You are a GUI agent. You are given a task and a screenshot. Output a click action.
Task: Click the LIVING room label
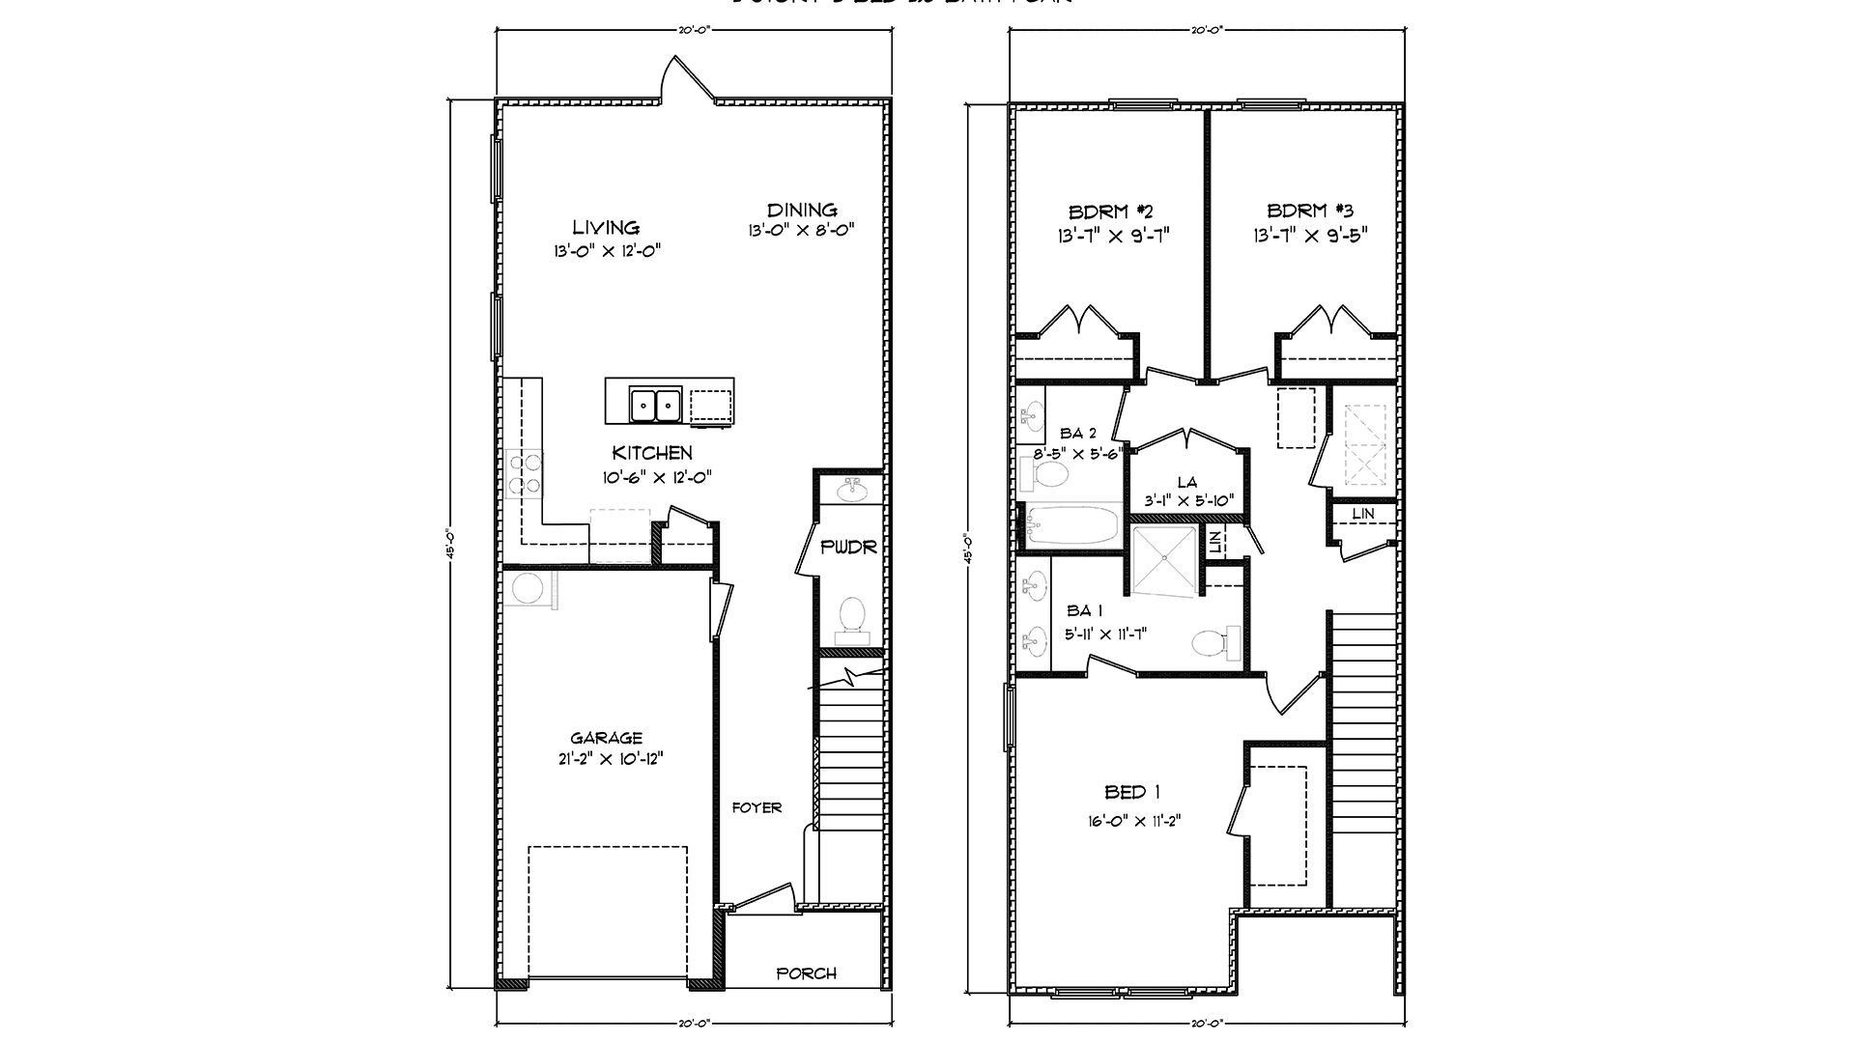(606, 228)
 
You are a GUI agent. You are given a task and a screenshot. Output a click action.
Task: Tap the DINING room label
(802, 210)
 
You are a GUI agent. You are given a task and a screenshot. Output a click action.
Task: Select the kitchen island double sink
(655, 404)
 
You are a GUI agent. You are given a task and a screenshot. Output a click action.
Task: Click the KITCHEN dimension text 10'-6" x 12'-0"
(652, 477)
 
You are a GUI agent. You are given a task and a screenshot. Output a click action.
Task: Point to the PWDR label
(848, 548)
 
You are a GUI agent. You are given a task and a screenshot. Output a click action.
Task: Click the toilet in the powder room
(851, 619)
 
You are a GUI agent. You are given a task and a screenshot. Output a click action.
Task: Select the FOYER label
(756, 807)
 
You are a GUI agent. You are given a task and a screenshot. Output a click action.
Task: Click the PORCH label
(807, 973)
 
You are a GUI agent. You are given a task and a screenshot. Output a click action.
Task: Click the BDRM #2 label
(1112, 211)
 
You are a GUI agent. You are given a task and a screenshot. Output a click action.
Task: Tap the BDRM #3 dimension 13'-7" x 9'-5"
(1311, 235)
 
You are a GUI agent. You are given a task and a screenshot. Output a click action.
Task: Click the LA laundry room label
(1187, 482)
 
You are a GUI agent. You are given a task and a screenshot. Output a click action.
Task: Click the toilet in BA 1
(1213, 641)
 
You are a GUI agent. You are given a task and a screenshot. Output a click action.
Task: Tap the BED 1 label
(1132, 793)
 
